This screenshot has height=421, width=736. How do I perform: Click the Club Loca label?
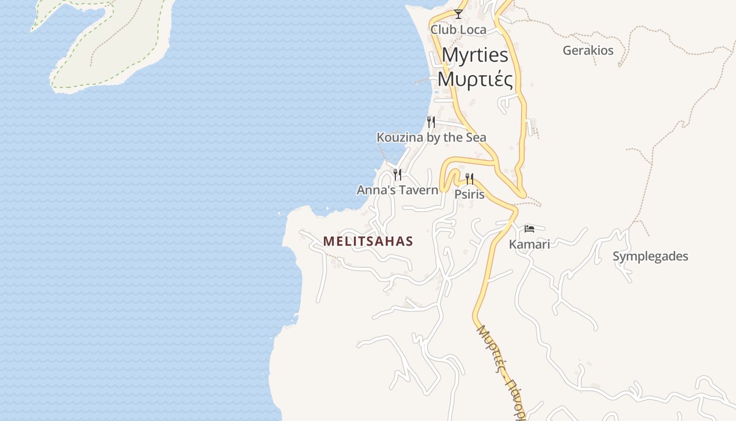pyautogui.click(x=458, y=30)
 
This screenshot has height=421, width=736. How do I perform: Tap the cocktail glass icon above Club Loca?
pyautogui.click(x=458, y=14)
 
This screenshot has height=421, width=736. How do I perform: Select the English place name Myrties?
pyautogui.click(x=475, y=55)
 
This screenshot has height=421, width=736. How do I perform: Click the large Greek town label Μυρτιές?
pyautogui.click(x=475, y=79)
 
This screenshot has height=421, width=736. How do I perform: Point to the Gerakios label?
pyautogui.click(x=588, y=51)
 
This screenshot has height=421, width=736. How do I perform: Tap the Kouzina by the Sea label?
pyautogui.click(x=431, y=138)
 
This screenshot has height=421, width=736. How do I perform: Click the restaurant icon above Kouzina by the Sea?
pyautogui.click(x=431, y=122)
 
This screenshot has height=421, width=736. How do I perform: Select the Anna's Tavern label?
pyautogui.click(x=397, y=190)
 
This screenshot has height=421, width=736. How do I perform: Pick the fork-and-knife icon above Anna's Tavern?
pyautogui.click(x=397, y=174)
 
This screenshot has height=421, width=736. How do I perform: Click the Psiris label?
pyautogui.click(x=469, y=194)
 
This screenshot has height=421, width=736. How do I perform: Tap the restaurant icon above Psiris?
pyautogui.click(x=469, y=179)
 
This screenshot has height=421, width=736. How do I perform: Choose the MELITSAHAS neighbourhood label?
pyautogui.click(x=368, y=242)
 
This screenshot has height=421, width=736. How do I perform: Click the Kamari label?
pyautogui.click(x=529, y=244)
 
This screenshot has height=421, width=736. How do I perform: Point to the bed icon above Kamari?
pyautogui.click(x=529, y=228)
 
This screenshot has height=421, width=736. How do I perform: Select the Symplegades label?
pyautogui.click(x=650, y=256)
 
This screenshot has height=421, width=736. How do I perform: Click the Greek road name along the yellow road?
pyautogui.click(x=500, y=368)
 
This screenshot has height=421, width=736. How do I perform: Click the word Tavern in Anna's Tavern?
pyautogui.click(x=419, y=190)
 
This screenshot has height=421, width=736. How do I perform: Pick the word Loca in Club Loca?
pyautogui.click(x=473, y=30)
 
